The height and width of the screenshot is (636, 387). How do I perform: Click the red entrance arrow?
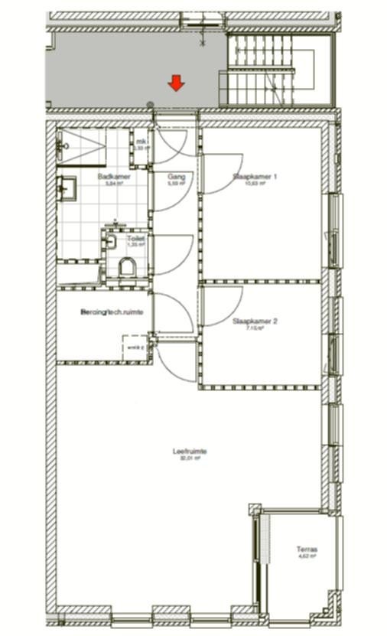click(176, 83)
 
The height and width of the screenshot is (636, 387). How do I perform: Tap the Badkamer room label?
click(113, 176)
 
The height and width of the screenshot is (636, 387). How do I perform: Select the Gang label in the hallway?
click(176, 176)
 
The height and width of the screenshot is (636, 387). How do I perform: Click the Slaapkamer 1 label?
click(255, 176)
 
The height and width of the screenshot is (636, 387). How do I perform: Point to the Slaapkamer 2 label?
click(255, 321)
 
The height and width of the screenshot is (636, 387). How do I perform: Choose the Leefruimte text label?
click(190, 451)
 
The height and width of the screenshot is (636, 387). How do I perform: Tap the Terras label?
click(307, 550)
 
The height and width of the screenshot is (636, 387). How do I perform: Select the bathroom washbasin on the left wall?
click(65, 186)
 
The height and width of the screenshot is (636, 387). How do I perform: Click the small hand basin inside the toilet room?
click(111, 242)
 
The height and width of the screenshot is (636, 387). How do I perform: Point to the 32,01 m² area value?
click(190, 458)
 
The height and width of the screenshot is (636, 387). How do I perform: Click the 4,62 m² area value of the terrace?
click(307, 557)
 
